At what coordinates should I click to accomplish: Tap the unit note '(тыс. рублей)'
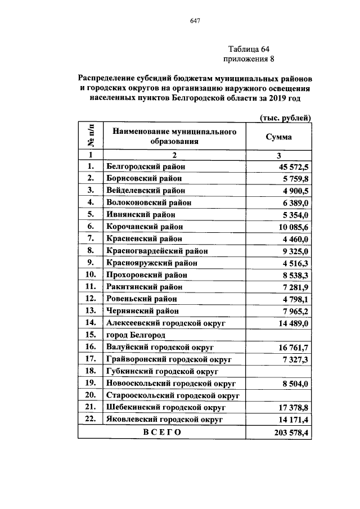click(x=285, y=118)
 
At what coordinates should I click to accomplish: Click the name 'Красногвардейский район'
click(x=156, y=251)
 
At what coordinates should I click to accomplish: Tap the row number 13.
click(x=89, y=310)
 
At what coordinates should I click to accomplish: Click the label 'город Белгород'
click(x=136, y=335)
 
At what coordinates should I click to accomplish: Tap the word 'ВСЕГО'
click(x=162, y=433)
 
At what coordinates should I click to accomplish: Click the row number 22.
click(x=89, y=419)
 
